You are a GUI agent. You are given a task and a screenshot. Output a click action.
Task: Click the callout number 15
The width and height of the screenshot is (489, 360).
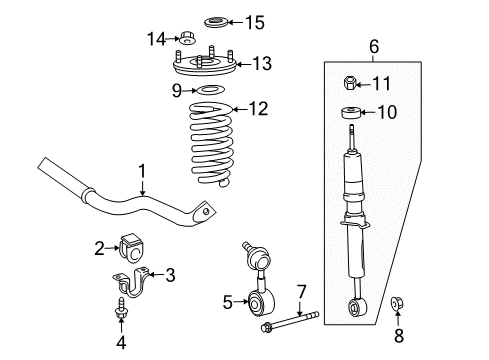pos(255,21)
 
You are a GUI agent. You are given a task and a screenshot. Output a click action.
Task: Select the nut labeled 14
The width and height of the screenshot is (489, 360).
pos(186,40)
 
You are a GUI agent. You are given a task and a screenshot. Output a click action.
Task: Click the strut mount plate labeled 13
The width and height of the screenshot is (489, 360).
pos(211,67)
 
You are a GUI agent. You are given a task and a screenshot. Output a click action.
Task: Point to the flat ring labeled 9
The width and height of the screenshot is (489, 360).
pos(209,93)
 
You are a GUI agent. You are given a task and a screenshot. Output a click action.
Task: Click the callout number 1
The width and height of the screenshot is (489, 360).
pos(142,171)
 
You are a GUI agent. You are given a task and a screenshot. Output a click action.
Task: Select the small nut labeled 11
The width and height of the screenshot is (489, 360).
pos(352,83)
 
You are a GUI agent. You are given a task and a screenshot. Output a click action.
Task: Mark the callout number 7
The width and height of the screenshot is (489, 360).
pos(300,292)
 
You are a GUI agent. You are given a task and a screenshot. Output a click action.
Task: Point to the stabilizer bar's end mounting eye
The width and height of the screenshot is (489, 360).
pos(206,211)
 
